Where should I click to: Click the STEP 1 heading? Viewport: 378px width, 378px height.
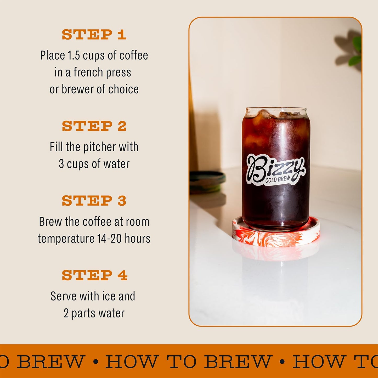point(94,35)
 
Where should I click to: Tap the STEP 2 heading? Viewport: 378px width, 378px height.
point(94,126)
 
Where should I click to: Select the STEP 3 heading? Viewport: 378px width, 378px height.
point(94,201)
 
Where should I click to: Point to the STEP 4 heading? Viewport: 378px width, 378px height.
point(94,275)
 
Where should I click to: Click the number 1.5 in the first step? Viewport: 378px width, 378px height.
point(74,55)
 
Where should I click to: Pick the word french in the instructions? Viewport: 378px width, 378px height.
point(88,72)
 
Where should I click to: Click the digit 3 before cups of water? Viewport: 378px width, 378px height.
point(61,164)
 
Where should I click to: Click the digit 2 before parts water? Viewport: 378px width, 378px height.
point(66,313)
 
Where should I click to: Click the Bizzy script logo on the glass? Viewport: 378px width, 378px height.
point(275,167)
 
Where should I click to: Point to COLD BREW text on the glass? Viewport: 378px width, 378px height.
point(278,179)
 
